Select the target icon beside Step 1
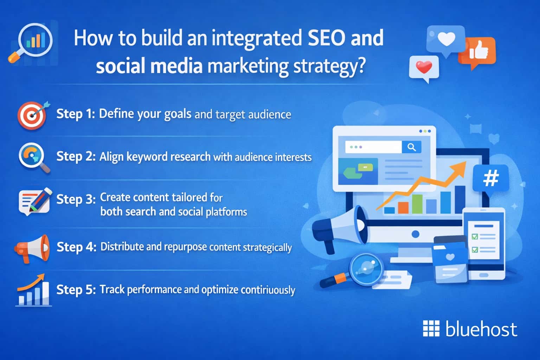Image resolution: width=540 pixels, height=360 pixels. pyautogui.click(x=32, y=115)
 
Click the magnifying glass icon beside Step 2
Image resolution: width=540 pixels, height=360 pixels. pyautogui.click(x=33, y=157)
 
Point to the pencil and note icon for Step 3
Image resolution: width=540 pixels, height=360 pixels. pyautogui.click(x=34, y=200)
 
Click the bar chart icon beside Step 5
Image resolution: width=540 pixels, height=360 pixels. pyautogui.click(x=34, y=291)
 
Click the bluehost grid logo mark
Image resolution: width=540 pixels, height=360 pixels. pyautogui.click(x=431, y=329)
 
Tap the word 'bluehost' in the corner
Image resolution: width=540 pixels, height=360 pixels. pyautogui.click(x=481, y=329)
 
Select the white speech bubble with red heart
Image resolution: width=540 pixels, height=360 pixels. pyautogui.click(x=424, y=67)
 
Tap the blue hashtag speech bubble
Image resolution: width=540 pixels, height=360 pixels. pyautogui.click(x=491, y=179)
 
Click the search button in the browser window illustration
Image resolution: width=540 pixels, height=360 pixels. pyautogui.click(x=411, y=147)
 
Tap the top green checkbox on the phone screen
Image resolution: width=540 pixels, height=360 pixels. pyautogui.click(x=475, y=237)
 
